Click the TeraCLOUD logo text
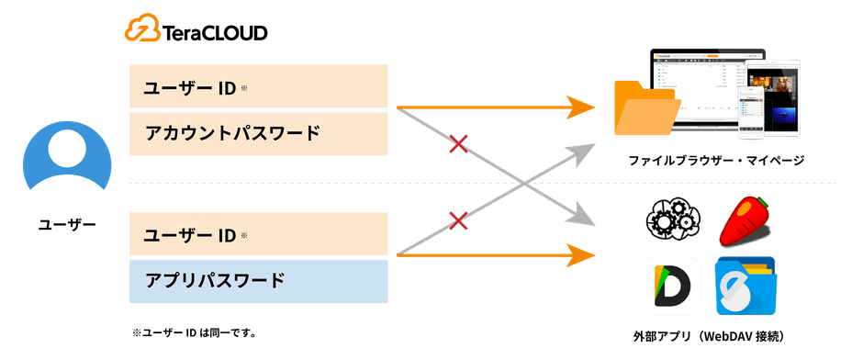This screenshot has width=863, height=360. pyautogui.click(x=214, y=33)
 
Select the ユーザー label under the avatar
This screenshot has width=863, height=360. pyautogui.click(x=66, y=224)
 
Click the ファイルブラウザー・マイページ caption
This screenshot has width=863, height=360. pyautogui.click(x=715, y=162)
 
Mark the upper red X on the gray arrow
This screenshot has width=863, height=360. pyautogui.click(x=456, y=143)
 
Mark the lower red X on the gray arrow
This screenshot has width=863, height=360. pyautogui.click(x=456, y=219)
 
